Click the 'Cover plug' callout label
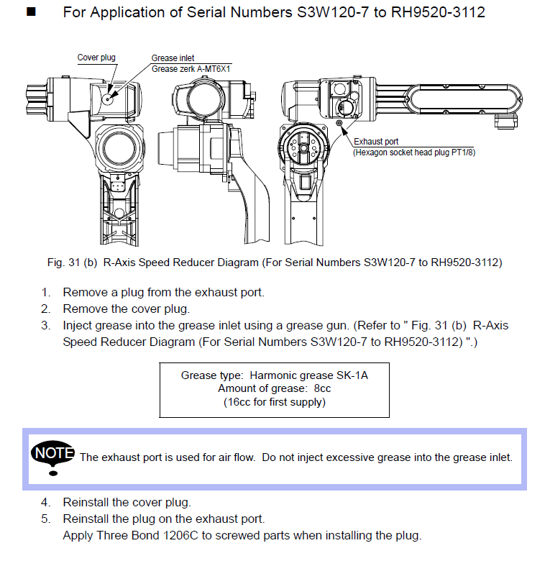pyautogui.click(x=96, y=58)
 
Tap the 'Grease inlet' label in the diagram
pyautogui.click(x=173, y=58)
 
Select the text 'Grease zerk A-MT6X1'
pyautogui.click(x=195, y=69)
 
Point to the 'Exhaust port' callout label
pyautogui.click(x=375, y=142)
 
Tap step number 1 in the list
pyautogui.click(x=45, y=293)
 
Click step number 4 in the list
pyautogui.click(x=45, y=502)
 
